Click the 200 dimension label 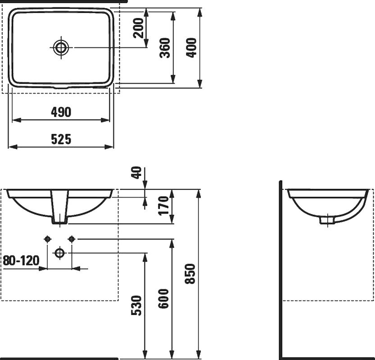139,28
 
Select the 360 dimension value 165,48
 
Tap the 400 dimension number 191,48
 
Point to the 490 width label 61,112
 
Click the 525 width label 61,139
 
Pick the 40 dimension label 137,173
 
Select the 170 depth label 164,206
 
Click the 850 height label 190,274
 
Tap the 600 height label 164,299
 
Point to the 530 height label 137,306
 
